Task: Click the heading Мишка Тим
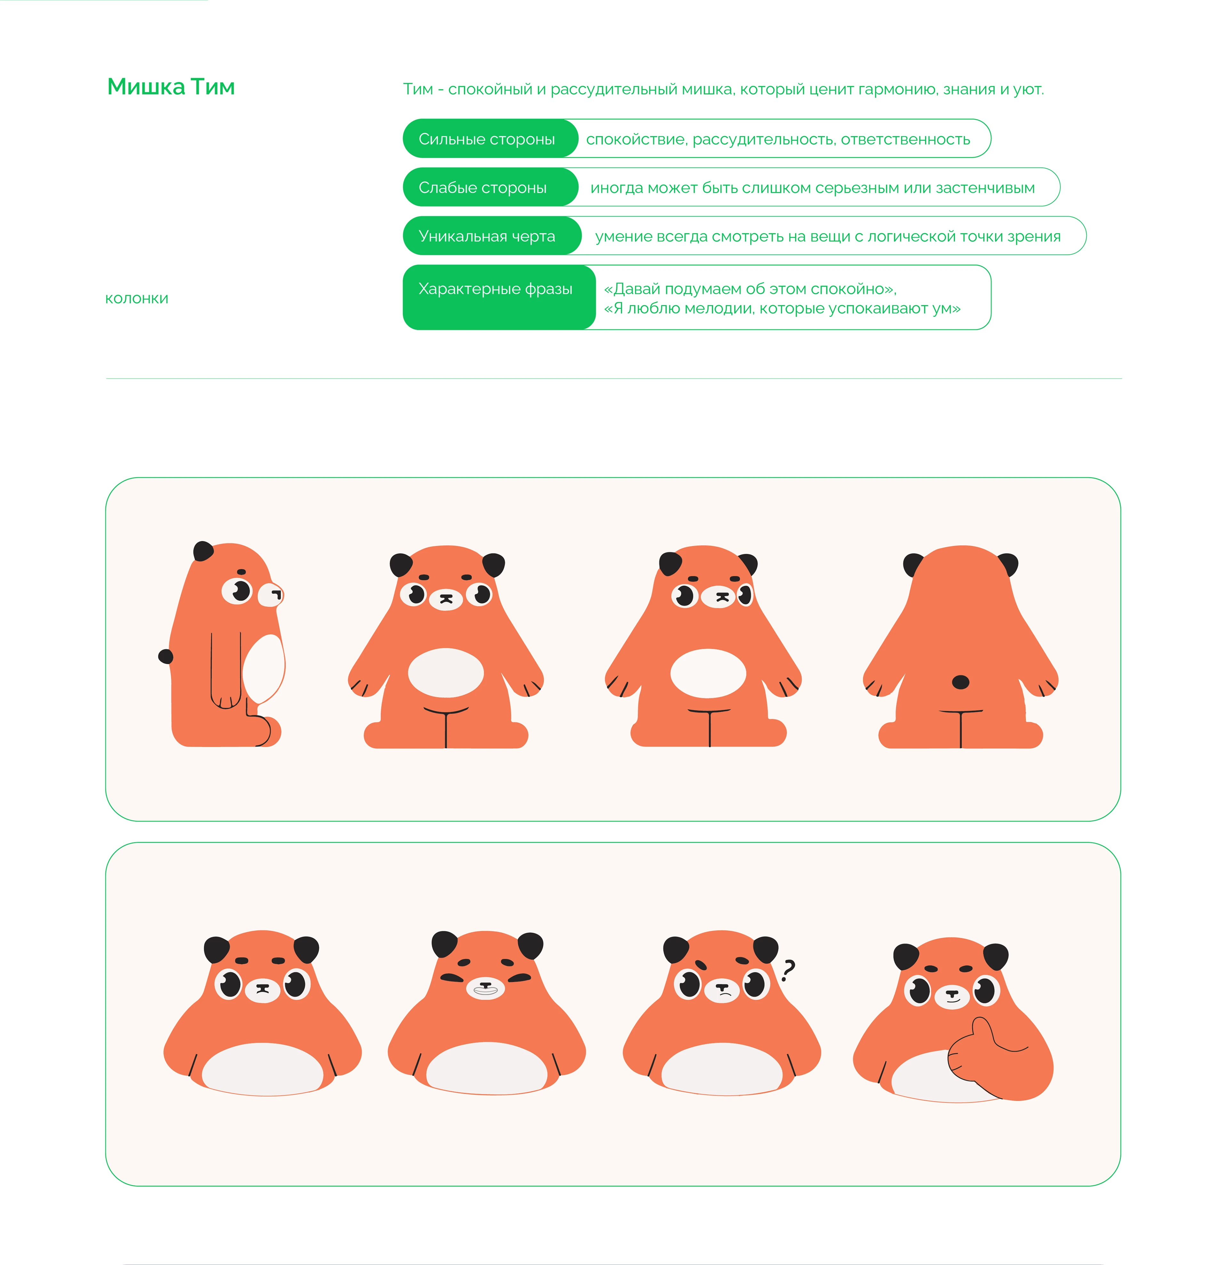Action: click(171, 86)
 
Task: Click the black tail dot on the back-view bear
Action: click(960, 681)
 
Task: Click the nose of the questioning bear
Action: click(722, 987)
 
